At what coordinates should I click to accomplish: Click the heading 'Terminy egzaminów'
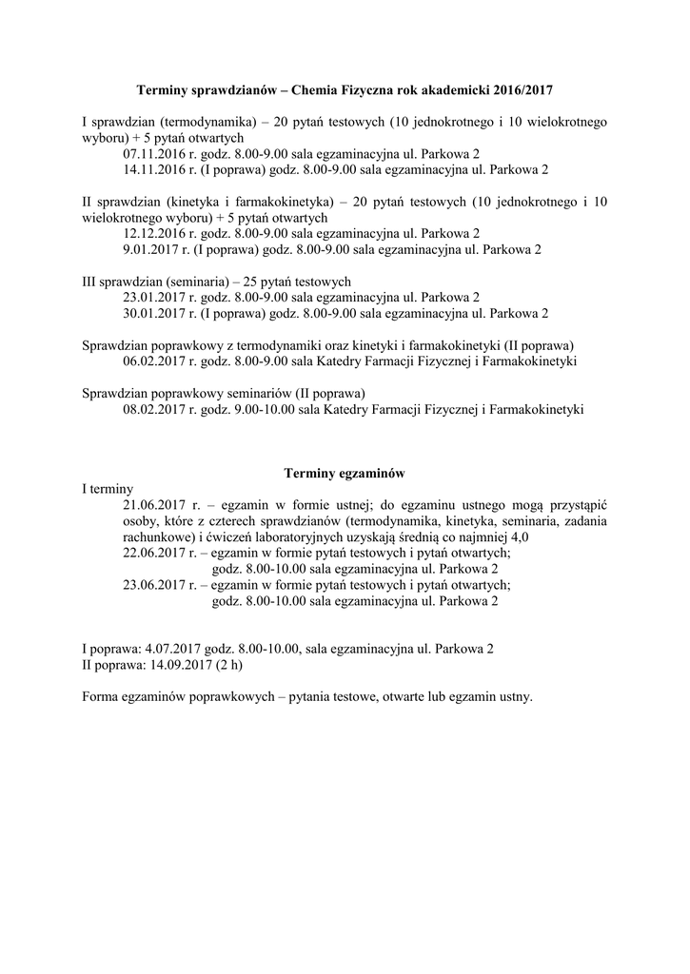[345, 472]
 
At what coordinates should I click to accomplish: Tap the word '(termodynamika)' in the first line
[207, 122]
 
